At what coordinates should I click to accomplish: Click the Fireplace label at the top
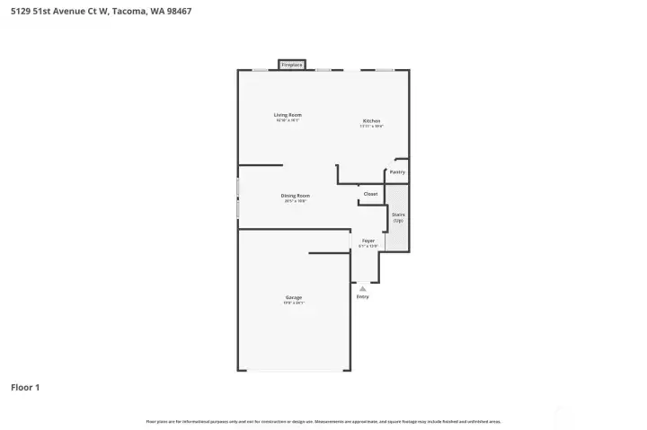click(x=290, y=65)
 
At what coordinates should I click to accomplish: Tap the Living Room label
click(x=288, y=115)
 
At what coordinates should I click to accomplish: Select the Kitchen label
click(x=371, y=120)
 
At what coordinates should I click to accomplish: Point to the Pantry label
click(x=397, y=171)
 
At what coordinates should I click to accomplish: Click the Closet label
click(x=370, y=194)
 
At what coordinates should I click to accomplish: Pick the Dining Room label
click(x=295, y=195)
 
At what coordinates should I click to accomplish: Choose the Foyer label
click(x=368, y=241)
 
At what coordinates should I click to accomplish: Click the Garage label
click(x=294, y=297)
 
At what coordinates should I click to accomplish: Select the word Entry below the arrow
click(x=362, y=296)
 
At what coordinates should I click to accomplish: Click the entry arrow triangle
click(x=362, y=288)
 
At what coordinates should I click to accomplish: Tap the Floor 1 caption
click(x=25, y=388)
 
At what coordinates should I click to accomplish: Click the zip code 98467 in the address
click(x=178, y=12)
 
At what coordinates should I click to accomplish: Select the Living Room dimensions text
click(x=288, y=120)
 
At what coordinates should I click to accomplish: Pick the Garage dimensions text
click(x=294, y=303)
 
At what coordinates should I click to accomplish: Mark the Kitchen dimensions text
click(x=371, y=126)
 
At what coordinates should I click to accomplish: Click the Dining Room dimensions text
click(x=295, y=201)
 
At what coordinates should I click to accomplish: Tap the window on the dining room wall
click(x=238, y=197)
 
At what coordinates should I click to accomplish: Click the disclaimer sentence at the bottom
click(x=323, y=421)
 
